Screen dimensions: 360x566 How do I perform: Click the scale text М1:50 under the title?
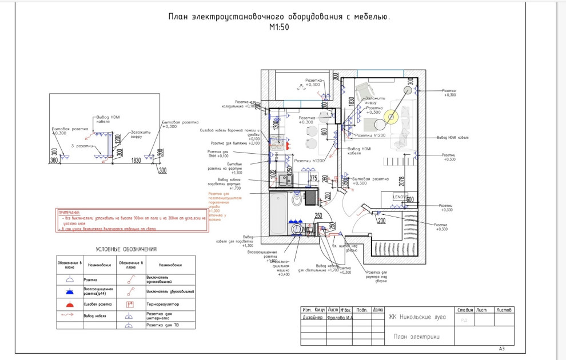[280, 27]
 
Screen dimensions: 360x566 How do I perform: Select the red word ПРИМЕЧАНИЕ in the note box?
[69, 212]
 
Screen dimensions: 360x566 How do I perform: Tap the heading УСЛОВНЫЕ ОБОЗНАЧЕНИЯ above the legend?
[126, 249]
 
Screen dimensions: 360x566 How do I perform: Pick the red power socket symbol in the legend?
[70, 303]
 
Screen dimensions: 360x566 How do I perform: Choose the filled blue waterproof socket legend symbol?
[70, 291]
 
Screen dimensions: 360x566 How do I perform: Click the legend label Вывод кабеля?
[97, 315]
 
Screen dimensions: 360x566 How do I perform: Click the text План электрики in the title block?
[417, 337]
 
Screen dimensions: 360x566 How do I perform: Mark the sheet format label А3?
[502, 348]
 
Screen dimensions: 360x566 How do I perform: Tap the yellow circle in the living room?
[392, 118]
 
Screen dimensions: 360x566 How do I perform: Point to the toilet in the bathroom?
[296, 200]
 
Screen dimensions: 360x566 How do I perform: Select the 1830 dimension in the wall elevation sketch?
[136, 161]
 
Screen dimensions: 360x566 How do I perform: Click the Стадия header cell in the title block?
[464, 310]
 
